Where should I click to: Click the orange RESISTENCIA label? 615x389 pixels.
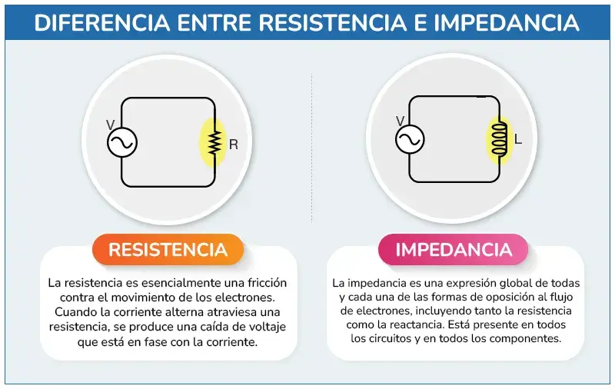click(168, 250)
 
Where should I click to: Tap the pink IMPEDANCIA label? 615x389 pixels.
click(454, 250)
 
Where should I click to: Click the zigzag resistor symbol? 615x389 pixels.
click(214, 142)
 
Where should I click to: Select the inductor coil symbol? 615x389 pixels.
click(500, 138)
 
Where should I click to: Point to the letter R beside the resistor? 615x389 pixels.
click(234, 145)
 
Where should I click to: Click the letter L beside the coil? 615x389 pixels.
click(517, 139)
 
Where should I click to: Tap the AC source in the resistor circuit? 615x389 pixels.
click(122, 142)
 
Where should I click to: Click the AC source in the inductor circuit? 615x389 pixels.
click(410, 139)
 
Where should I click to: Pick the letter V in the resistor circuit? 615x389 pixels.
click(111, 125)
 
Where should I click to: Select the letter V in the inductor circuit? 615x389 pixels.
click(400, 121)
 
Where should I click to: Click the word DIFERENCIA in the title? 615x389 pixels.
click(102, 23)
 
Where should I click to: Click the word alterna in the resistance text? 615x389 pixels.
click(184, 312)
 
